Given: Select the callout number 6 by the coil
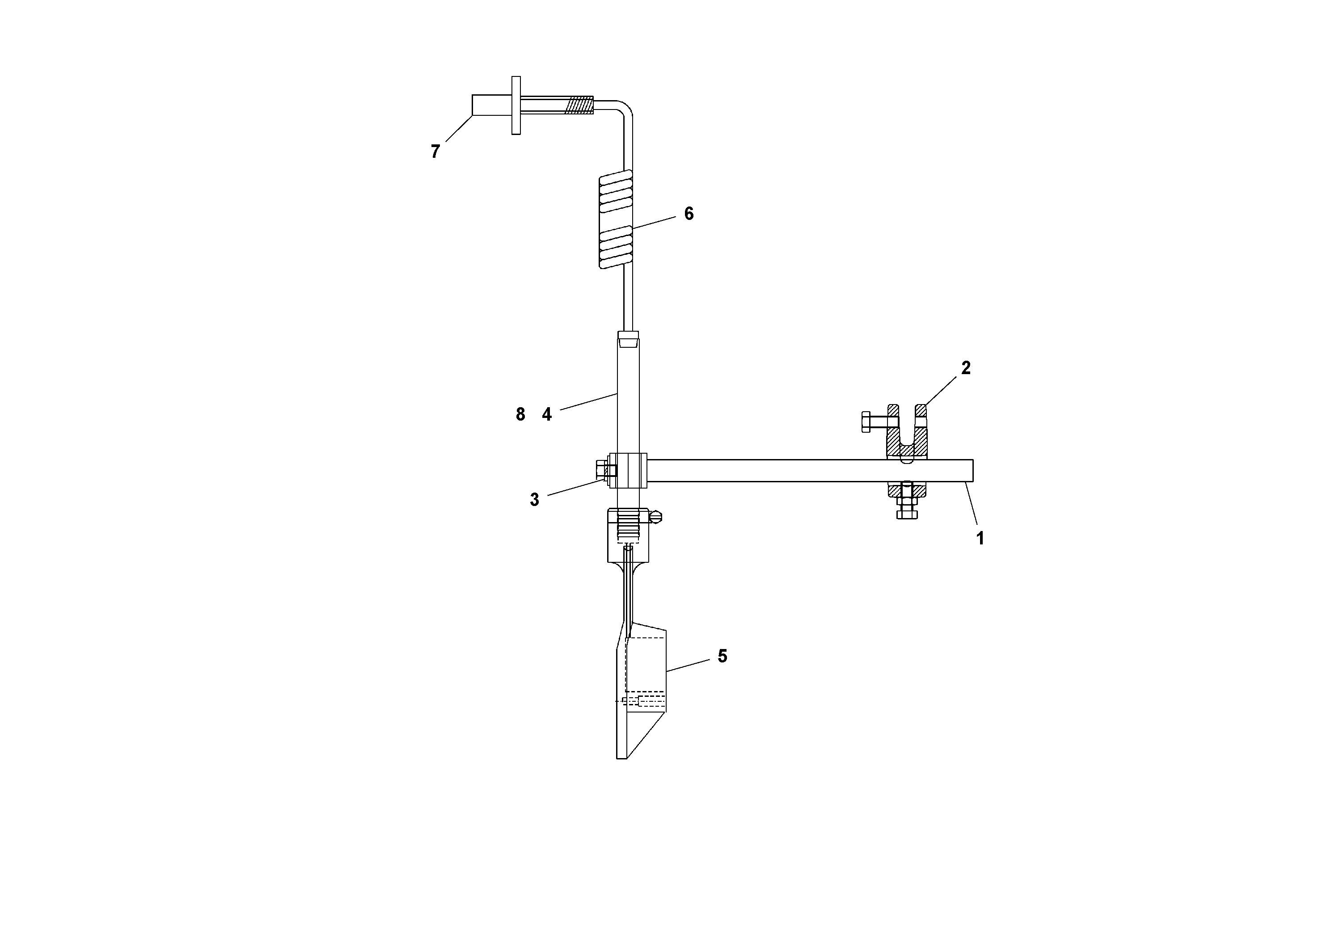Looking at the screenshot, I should pyautogui.click(x=689, y=214).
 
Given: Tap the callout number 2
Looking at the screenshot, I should pyautogui.click(x=966, y=367).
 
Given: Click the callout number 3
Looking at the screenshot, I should pyautogui.click(x=534, y=500).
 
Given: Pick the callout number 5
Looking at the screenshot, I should pyautogui.click(x=723, y=656).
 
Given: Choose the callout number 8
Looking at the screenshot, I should pyautogui.click(x=520, y=414).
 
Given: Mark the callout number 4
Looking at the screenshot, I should pyautogui.click(x=547, y=414).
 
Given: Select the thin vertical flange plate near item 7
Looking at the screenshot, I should pyautogui.click(x=516, y=105).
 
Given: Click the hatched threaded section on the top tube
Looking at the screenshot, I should pyautogui.click(x=579, y=105).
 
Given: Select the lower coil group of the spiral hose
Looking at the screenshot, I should pyautogui.click(x=615, y=246).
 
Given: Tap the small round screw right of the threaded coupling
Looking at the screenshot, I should pyautogui.click(x=655, y=516).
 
